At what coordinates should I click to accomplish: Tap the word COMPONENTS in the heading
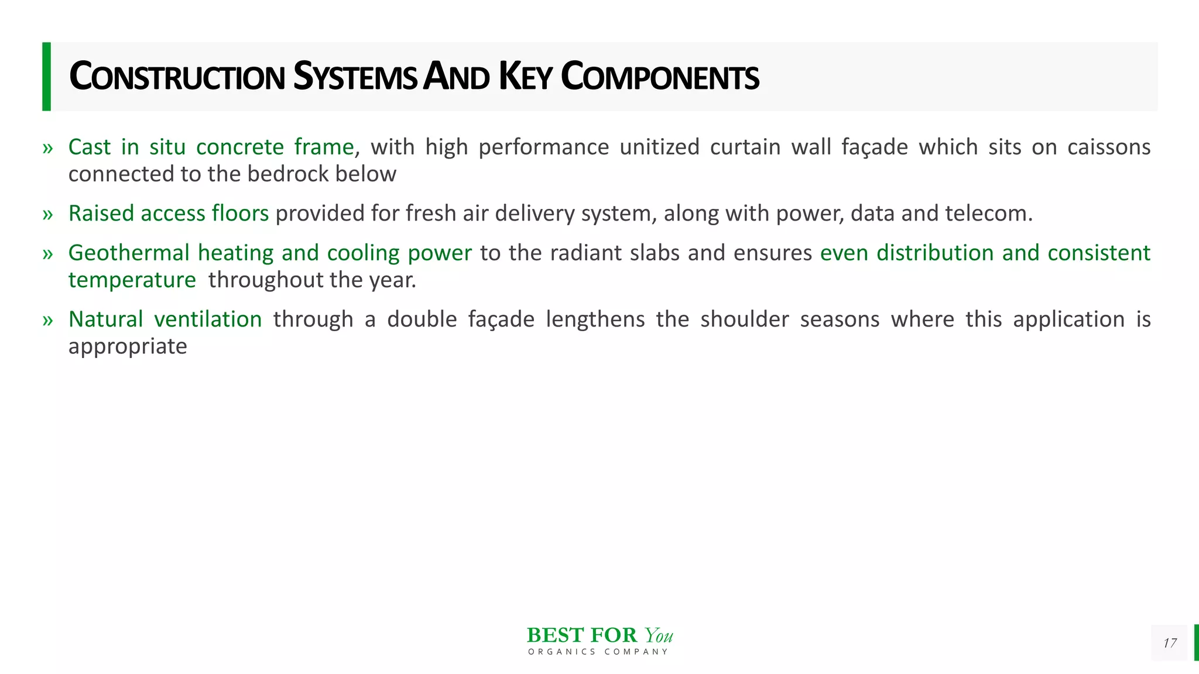(x=660, y=77)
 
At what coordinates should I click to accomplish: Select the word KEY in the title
(x=525, y=77)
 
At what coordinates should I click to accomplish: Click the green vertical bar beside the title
(x=46, y=77)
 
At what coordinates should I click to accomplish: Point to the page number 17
(x=1170, y=643)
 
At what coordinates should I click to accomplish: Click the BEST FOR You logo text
(x=599, y=635)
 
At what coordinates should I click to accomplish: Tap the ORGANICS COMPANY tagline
(x=598, y=652)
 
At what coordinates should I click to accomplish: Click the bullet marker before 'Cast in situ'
(x=48, y=148)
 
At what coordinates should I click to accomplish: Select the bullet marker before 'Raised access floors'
(x=48, y=215)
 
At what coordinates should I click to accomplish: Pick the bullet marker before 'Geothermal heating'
(x=48, y=254)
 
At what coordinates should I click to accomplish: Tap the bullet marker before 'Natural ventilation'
(x=48, y=321)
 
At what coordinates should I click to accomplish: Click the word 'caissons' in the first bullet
(x=1109, y=147)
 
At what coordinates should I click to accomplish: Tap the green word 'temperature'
(x=132, y=280)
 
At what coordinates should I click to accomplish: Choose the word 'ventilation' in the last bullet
(x=208, y=319)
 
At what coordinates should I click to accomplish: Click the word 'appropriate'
(x=128, y=347)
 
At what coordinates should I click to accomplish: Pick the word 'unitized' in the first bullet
(x=659, y=147)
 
